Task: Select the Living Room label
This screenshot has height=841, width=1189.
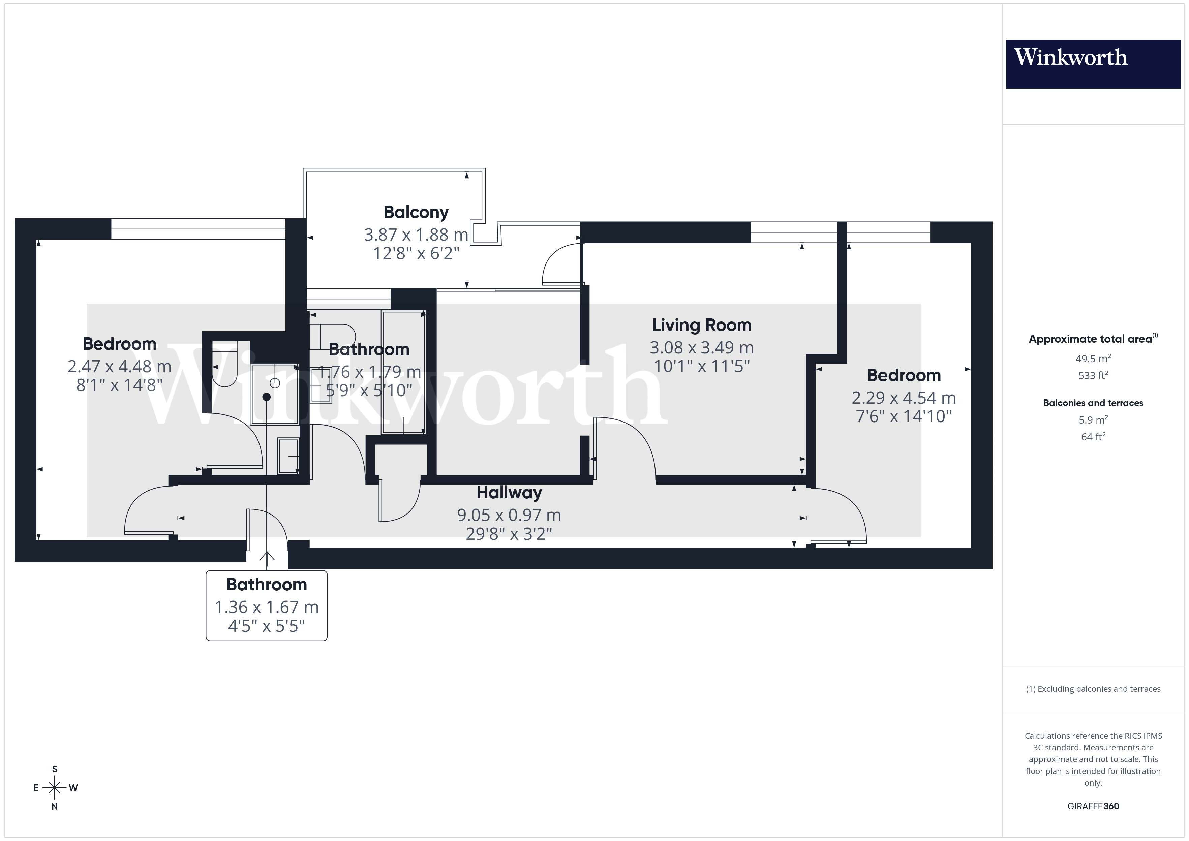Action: pos(701,325)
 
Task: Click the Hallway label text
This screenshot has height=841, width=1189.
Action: pos(509,493)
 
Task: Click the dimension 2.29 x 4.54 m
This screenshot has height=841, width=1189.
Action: pos(903,398)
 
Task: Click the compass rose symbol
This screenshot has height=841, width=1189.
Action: pos(54,788)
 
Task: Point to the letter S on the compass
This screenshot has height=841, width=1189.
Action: pos(54,769)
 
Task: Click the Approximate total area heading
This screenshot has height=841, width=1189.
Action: pos(1092,339)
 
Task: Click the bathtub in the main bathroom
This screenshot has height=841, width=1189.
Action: pos(403,372)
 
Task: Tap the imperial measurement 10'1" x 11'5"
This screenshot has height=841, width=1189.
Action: pos(701,367)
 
